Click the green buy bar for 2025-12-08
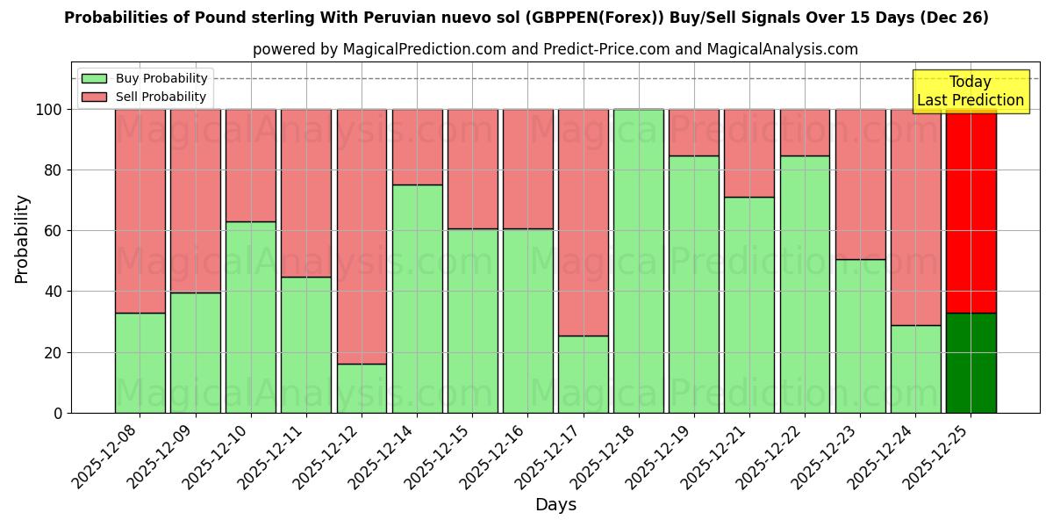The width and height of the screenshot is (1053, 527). tap(140, 363)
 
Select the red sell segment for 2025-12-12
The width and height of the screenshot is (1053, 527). tap(362, 236)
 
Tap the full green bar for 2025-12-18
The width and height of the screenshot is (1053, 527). tap(639, 261)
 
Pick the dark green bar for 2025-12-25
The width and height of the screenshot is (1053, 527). tap(971, 363)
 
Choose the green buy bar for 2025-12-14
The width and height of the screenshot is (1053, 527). tap(417, 299)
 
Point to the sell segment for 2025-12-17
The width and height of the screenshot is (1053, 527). tap(583, 222)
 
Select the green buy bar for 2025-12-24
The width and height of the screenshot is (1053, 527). tap(915, 369)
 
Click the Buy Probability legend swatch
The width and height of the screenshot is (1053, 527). tap(94, 79)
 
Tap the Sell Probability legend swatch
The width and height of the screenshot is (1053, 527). tap(94, 97)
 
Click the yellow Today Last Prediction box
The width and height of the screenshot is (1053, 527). tap(970, 91)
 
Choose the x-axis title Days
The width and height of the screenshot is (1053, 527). tap(555, 505)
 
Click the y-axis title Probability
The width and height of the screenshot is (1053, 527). tap(22, 239)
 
